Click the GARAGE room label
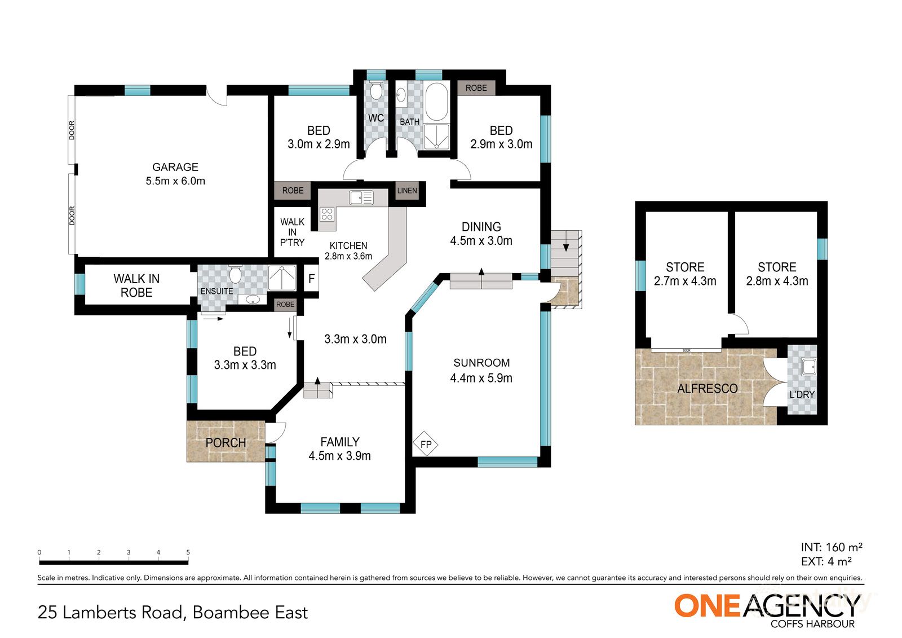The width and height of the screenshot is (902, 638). [x=175, y=167]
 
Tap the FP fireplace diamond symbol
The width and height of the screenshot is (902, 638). [x=426, y=445]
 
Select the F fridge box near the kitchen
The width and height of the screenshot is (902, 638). [x=311, y=279]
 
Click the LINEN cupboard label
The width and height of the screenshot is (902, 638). [x=407, y=191]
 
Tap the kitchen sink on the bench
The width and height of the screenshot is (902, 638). [x=361, y=197]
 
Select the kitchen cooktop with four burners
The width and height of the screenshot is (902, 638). [x=327, y=214]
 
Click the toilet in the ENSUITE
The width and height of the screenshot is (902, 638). [x=236, y=275]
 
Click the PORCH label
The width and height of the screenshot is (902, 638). [x=225, y=443]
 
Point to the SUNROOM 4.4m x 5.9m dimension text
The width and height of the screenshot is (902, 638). [x=481, y=378]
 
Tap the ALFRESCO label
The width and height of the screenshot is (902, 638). [x=707, y=389]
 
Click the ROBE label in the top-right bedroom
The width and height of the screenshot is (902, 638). [x=476, y=88]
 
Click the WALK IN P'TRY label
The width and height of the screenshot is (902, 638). [x=292, y=232]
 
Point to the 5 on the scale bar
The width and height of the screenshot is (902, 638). [x=188, y=552]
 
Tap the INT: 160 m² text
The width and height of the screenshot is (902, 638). [x=832, y=547]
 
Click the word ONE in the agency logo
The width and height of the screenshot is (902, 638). [x=707, y=606]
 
